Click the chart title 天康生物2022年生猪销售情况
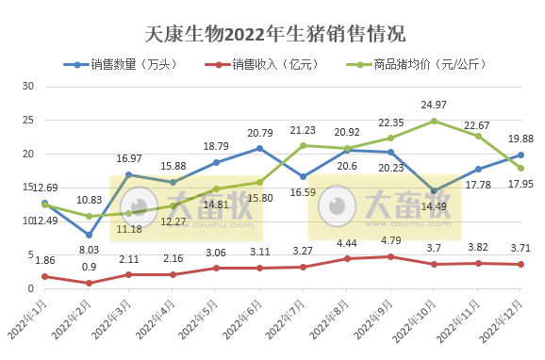click(x=274, y=35)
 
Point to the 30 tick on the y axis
click(x=27, y=86)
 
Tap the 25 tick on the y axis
click(x=27, y=120)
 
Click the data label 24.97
click(x=434, y=104)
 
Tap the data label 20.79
click(x=259, y=133)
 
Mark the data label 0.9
click(x=89, y=267)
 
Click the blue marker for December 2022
click(x=520, y=155)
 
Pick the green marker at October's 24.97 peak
click(x=434, y=121)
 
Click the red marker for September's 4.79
click(x=390, y=256)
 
